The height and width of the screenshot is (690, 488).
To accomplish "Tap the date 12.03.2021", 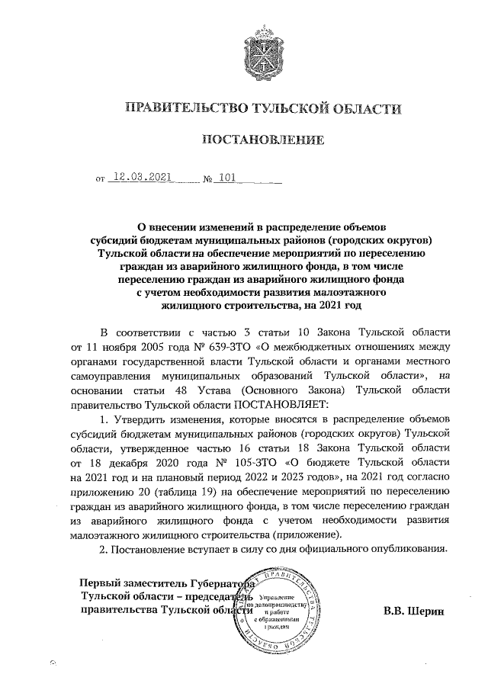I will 142,180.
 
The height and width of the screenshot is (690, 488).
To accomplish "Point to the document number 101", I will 225,180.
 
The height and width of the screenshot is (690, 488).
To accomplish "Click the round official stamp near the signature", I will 281,606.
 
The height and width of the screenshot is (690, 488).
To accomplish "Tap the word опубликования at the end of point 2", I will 406,549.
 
